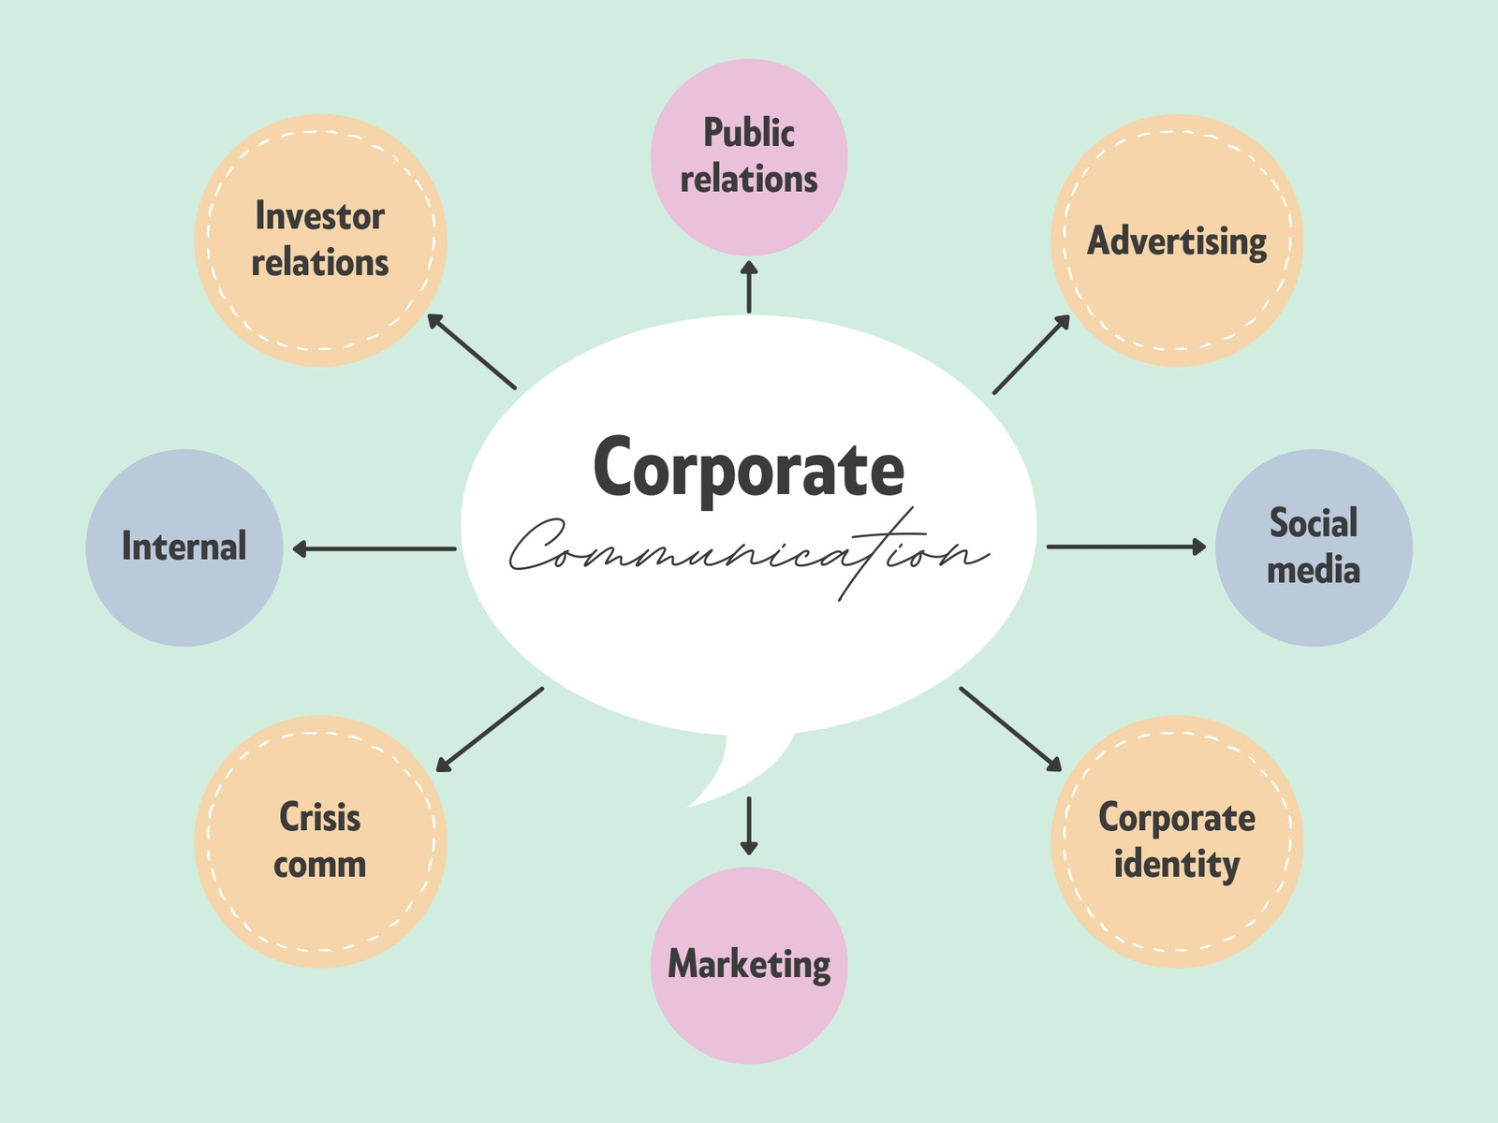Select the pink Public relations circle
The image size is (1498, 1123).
pyautogui.click(x=749, y=157)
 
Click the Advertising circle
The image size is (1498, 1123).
pyautogui.click(x=1177, y=240)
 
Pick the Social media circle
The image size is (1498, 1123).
pyautogui.click(x=1314, y=547)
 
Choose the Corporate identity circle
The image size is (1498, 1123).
pyautogui.click(x=1177, y=841)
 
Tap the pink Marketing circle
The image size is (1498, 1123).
pyautogui.click(x=749, y=966)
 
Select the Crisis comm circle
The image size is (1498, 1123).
pyautogui.click(x=320, y=841)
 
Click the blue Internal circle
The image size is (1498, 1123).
pyautogui.click(x=184, y=547)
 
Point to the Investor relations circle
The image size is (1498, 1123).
pyautogui.click(x=320, y=240)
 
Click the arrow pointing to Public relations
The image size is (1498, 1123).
pyautogui.click(x=749, y=286)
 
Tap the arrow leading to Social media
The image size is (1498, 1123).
pyautogui.click(x=1126, y=547)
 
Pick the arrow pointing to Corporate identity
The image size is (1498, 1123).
pyautogui.click(x=1011, y=730)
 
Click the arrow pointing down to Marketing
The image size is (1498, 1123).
pyautogui.click(x=749, y=825)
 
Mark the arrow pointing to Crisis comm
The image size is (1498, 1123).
pyautogui.click(x=490, y=730)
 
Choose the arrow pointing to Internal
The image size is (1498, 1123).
pyautogui.click(x=374, y=548)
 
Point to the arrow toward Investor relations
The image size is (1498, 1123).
pyautogui.click(x=472, y=351)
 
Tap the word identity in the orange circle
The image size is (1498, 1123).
pyautogui.click(x=1177, y=866)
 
